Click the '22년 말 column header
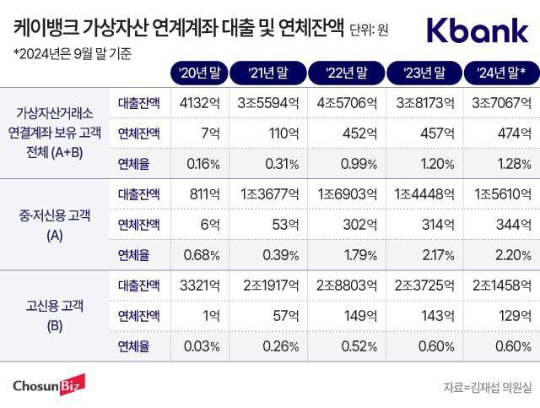344,72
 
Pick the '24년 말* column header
496,72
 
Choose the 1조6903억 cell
343,194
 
